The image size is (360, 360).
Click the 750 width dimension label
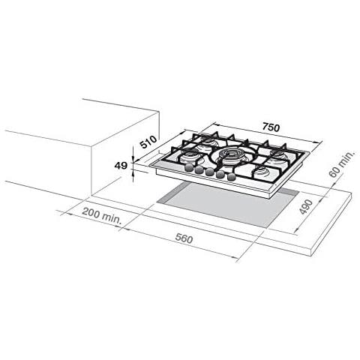270,127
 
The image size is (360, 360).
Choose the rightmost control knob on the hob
230,179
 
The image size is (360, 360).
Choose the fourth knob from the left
220,177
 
